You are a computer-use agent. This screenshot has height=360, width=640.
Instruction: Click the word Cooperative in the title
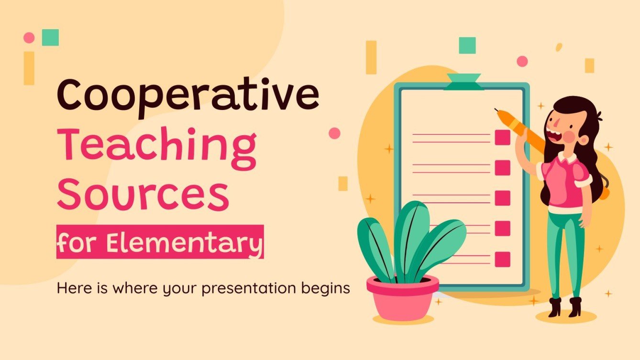tap(188, 95)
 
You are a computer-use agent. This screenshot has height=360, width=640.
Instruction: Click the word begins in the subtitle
tap(326, 289)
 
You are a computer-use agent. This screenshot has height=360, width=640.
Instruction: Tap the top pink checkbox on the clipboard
tap(502, 138)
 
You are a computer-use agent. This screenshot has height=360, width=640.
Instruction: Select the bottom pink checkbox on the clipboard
tap(502, 259)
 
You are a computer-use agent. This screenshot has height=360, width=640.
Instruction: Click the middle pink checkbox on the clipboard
tap(502, 198)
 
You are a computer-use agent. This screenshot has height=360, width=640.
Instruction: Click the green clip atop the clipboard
tap(462, 82)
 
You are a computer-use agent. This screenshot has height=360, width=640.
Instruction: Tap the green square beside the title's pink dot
tap(50, 37)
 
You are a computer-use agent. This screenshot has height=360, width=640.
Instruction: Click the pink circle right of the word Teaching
tap(334, 133)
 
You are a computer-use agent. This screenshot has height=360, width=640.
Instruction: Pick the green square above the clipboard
tap(467, 45)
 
